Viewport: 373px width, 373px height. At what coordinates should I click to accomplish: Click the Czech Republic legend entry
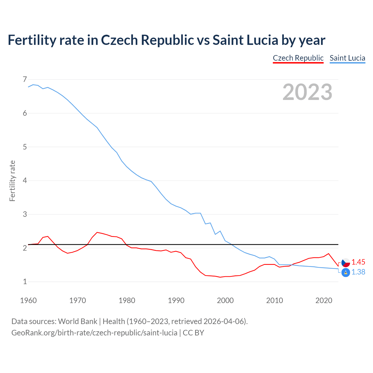[x=298, y=58]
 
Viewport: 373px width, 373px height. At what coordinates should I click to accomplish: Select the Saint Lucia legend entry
[x=347, y=58]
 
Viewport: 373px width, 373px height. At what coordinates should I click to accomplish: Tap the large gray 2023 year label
[x=307, y=92]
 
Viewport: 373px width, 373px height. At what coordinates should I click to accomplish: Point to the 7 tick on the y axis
[x=24, y=79]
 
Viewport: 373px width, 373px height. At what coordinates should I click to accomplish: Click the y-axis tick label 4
[x=24, y=181]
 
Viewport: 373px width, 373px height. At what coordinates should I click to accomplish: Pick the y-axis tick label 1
[x=24, y=282]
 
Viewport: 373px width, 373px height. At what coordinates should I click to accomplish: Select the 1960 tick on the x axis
[x=28, y=300]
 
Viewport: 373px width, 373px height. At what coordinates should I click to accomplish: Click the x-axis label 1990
[x=176, y=300]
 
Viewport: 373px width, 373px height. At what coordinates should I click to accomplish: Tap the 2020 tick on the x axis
[x=324, y=300]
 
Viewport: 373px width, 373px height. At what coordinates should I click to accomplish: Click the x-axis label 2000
[x=225, y=300]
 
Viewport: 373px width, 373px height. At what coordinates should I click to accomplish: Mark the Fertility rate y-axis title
[x=12, y=181]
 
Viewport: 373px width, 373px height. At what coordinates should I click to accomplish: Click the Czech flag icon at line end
[x=346, y=263]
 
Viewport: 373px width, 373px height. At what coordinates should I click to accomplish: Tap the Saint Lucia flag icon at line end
[x=346, y=272]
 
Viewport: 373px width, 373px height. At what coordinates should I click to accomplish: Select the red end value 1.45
[x=358, y=262]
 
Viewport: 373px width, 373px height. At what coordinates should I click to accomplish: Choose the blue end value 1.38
[x=358, y=272]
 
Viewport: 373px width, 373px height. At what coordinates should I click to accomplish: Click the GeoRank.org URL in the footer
[x=94, y=333]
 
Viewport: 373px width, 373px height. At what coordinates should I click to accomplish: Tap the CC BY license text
[x=193, y=333]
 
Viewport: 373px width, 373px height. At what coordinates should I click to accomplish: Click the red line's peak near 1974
[x=97, y=232]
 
